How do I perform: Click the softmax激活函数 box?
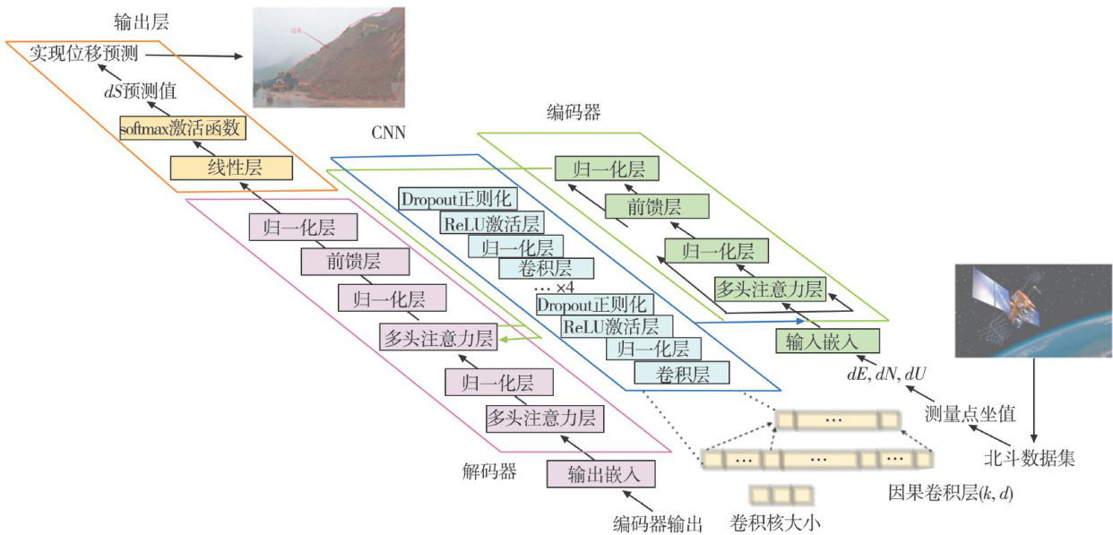click(182, 129)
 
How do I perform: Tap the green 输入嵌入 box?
click(827, 341)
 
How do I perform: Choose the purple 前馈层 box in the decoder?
click(354, 261)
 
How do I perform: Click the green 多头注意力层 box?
click(770, 289)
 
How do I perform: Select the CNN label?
click(389, 134)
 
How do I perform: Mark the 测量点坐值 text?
click(970, 414)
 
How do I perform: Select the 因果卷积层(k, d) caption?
click(950, 493)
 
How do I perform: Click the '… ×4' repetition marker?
click(553, 289)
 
